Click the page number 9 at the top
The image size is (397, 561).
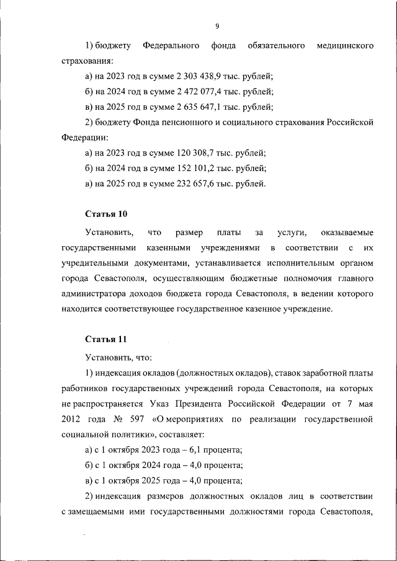point(217,26)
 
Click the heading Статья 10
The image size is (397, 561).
point(106,214)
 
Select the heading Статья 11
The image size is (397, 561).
point(105,340)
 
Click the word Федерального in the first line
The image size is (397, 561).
point(171,46)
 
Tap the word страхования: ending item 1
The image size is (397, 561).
point(88,61)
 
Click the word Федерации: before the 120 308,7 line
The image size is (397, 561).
point(85,138)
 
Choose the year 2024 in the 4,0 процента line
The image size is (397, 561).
point(153,465)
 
